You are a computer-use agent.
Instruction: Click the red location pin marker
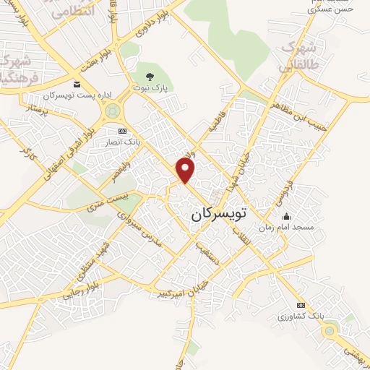tap(186, 171)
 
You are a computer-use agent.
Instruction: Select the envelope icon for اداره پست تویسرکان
tap(77, 85)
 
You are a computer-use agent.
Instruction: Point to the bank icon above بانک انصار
tap(121, 131)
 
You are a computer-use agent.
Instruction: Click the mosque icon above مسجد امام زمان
tap(286, 216)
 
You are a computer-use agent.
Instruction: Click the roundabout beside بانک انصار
tap(113, 111)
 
